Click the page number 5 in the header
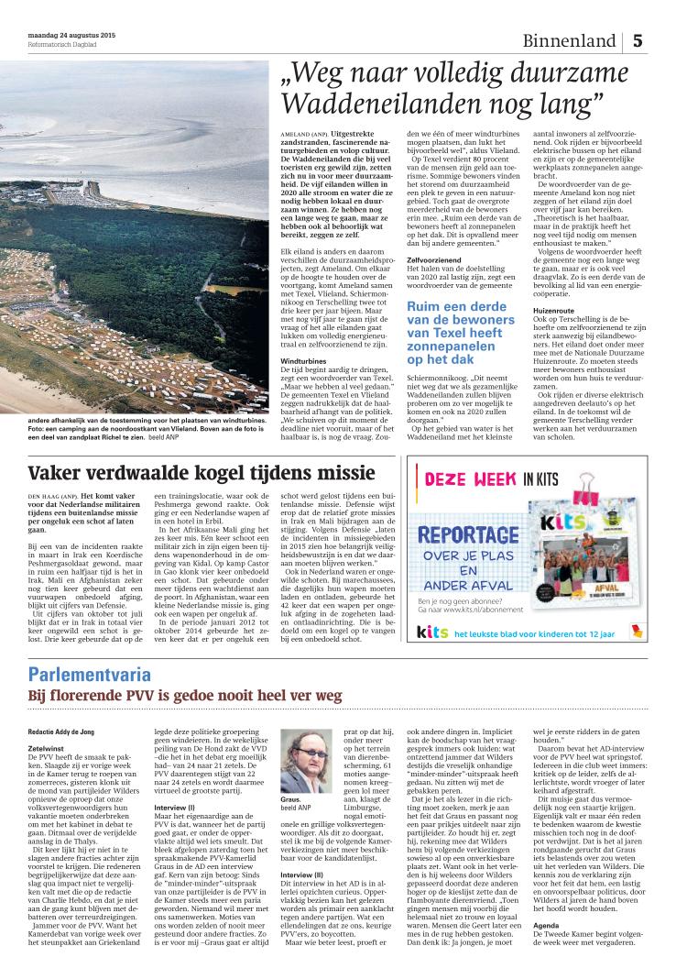click(x=638, y=41)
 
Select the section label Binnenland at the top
click(x=569, y=41)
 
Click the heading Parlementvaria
click(x=90, y=676)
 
